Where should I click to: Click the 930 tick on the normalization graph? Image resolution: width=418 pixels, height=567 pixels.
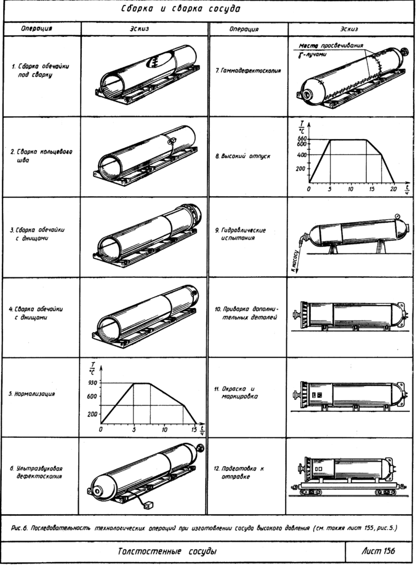point(93,383)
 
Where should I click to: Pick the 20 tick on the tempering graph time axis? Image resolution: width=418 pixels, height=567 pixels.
point(393,188)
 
